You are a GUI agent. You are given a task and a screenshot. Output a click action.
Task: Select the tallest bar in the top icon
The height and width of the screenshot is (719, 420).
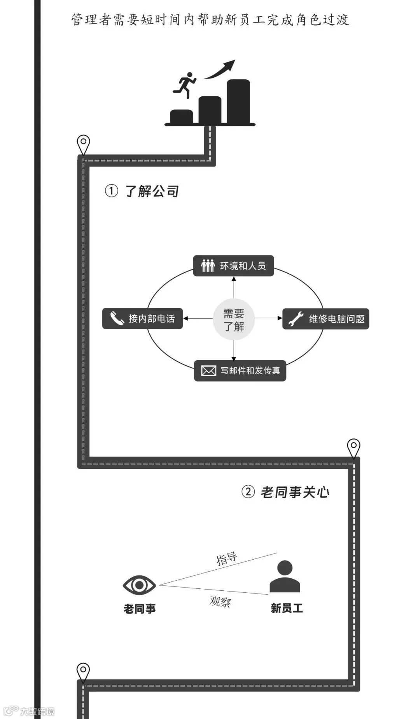tap(238, 101)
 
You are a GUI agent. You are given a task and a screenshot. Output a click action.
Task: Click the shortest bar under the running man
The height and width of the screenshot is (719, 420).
tap(181, 116)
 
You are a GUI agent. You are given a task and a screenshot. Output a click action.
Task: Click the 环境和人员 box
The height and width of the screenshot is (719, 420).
tap(233, 266)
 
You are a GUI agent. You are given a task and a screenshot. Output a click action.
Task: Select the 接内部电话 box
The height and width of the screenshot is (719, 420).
tap(142, 319)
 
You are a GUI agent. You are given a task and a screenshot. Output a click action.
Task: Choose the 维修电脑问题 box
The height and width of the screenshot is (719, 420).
tap(325, 319)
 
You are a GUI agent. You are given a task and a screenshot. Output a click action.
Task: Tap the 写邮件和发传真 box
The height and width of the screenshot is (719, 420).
tap(240, 371)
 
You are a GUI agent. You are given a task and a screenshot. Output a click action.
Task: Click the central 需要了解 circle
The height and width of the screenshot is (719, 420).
tap(234, 319)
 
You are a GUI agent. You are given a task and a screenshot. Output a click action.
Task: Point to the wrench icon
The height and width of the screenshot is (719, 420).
tap(296, 319)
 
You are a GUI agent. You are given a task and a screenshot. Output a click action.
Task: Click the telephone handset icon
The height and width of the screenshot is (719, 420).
tap(116, 318)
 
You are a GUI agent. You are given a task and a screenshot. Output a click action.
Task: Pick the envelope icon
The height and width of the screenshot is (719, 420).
tap(208, 371)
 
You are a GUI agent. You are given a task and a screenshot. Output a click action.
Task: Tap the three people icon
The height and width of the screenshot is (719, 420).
tap(208, 266)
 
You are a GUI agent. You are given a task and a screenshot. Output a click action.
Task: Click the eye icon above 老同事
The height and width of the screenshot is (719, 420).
tap(139, 585)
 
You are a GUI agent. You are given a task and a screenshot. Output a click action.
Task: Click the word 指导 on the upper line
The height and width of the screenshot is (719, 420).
tap(227, 558)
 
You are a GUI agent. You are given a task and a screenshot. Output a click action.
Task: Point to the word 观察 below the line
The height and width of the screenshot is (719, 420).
tap(220, 602)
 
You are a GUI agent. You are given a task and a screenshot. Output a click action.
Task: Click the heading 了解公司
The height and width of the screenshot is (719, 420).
tap(152, 191)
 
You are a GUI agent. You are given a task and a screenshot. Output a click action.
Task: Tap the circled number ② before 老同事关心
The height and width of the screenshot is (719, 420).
tap(248, 492)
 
